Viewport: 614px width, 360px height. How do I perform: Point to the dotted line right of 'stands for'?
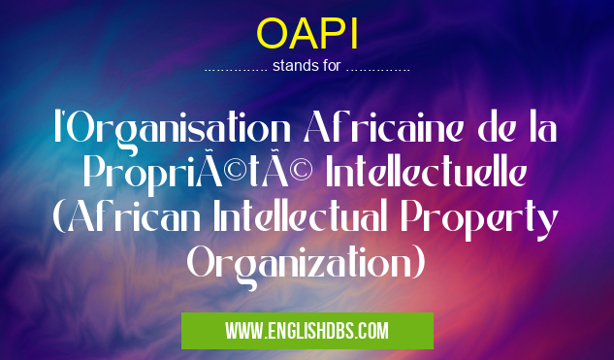click(x=377, y=69)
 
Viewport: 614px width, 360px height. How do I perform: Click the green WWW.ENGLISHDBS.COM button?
click(x=307, y=331)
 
